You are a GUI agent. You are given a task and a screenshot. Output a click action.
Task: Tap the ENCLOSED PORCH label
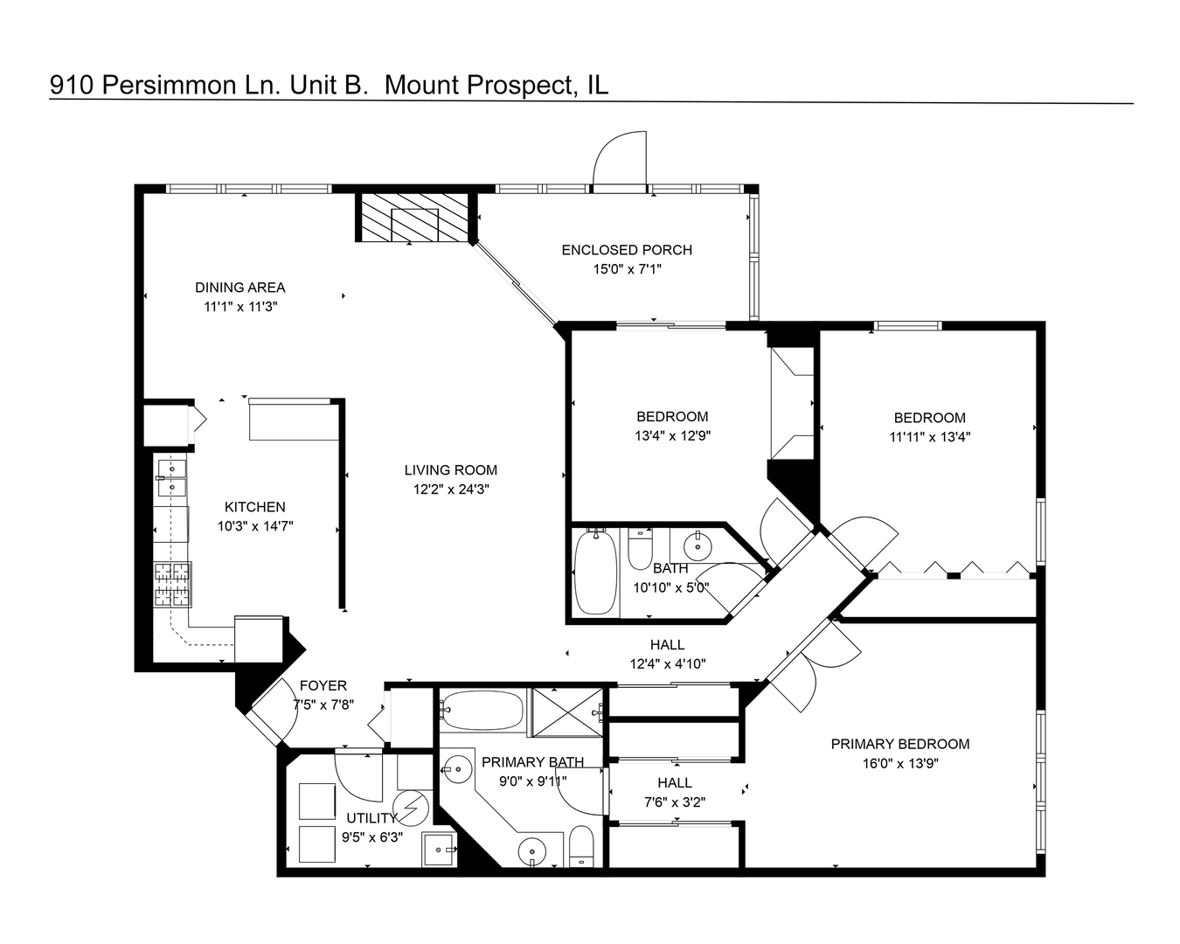point(627,250)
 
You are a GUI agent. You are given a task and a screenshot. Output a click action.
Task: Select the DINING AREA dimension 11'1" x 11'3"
point(239,307)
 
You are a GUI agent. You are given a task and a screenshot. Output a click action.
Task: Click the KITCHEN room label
point(254,507)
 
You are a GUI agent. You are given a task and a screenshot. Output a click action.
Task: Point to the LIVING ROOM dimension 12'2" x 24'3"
point(450,489)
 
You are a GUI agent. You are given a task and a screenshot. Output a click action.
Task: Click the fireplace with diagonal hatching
point(414,218)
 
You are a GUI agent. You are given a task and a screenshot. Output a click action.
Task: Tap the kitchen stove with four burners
point(172,585)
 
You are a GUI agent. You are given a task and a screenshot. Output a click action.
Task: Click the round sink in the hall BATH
point(698,546)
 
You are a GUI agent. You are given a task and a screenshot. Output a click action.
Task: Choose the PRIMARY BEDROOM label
point(899,745)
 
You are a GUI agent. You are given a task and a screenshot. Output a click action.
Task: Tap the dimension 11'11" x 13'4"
point(930,437)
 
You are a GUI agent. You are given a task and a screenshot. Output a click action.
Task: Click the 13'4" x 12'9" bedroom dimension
point(672,436)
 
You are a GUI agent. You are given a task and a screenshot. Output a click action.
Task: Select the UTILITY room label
point(371,818)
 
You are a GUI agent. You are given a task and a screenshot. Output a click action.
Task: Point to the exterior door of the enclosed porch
point(619,162)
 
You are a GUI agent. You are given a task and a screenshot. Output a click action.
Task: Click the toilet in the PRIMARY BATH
point(581,846)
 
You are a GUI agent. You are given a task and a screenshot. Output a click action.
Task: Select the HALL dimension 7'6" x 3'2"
point(674,802)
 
